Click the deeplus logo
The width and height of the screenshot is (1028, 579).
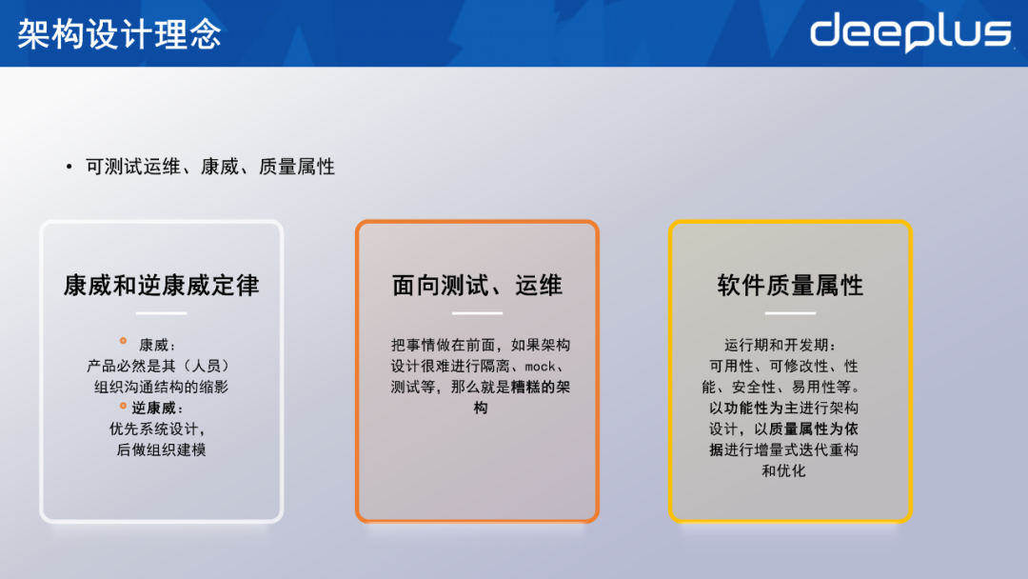[910, 32]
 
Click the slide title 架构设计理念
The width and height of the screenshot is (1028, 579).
[119, 34]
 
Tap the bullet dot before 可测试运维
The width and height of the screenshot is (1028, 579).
[69, 168]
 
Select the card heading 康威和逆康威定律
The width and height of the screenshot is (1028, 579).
[161, 285]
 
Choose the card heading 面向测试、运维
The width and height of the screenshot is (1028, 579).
[477, 285]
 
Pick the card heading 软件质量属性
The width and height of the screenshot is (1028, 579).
[790, 285]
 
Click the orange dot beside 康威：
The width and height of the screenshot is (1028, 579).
[123, 341]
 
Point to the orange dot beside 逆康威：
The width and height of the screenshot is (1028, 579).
[123, 406]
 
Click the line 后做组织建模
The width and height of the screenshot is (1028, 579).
[161, 449]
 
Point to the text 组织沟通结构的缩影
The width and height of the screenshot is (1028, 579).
[161, 387]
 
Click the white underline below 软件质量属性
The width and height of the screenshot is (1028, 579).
[789, 313]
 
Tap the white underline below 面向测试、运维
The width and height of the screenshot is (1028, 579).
[477, 313]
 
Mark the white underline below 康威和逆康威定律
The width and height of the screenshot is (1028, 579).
[161, 313]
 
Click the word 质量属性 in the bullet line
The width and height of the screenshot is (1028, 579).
[297, 168]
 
